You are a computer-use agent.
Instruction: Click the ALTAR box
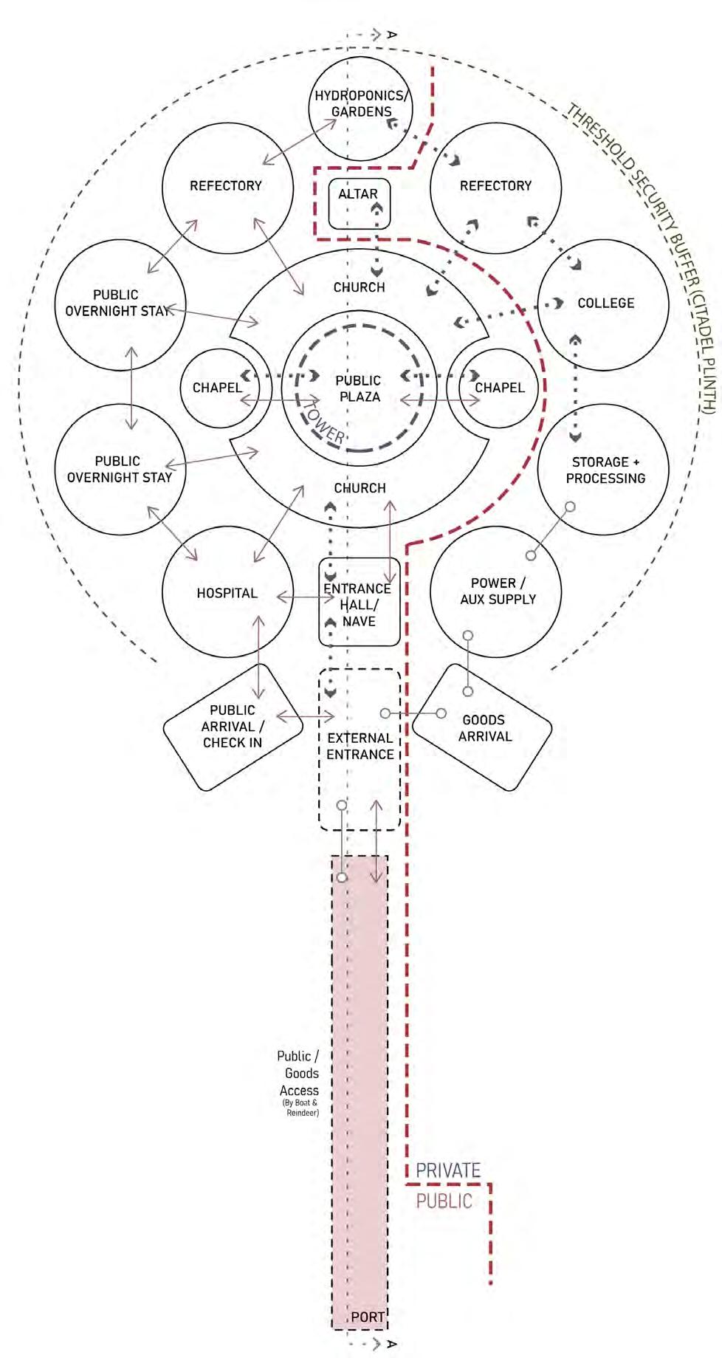click(359, 202)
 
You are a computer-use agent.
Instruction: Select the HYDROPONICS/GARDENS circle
click(360, 108)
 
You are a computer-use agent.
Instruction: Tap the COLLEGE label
click(605, 304)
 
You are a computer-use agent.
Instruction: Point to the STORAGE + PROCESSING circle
click(603, 470)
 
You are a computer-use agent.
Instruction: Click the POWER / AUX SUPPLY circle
click(495, 591)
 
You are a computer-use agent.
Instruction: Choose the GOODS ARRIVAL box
click(484, 727)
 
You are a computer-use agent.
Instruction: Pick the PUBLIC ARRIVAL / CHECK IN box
click(233, 727)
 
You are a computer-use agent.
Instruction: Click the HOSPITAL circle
click(227, 593)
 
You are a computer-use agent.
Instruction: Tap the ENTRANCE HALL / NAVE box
click(359, 604)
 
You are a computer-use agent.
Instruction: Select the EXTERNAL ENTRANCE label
click(360, 746)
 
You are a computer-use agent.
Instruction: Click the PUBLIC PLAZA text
click(359, 388)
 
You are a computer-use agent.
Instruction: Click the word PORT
click(367, 1317)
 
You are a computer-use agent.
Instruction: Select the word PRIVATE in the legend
click(448, 1170)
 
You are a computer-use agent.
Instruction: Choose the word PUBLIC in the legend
click(444, 1201)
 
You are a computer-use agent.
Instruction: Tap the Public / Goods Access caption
click(299, 1074)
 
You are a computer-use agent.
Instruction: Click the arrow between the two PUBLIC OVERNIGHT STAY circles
click(131, 388)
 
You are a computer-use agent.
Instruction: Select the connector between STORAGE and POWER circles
click(551, 531)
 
